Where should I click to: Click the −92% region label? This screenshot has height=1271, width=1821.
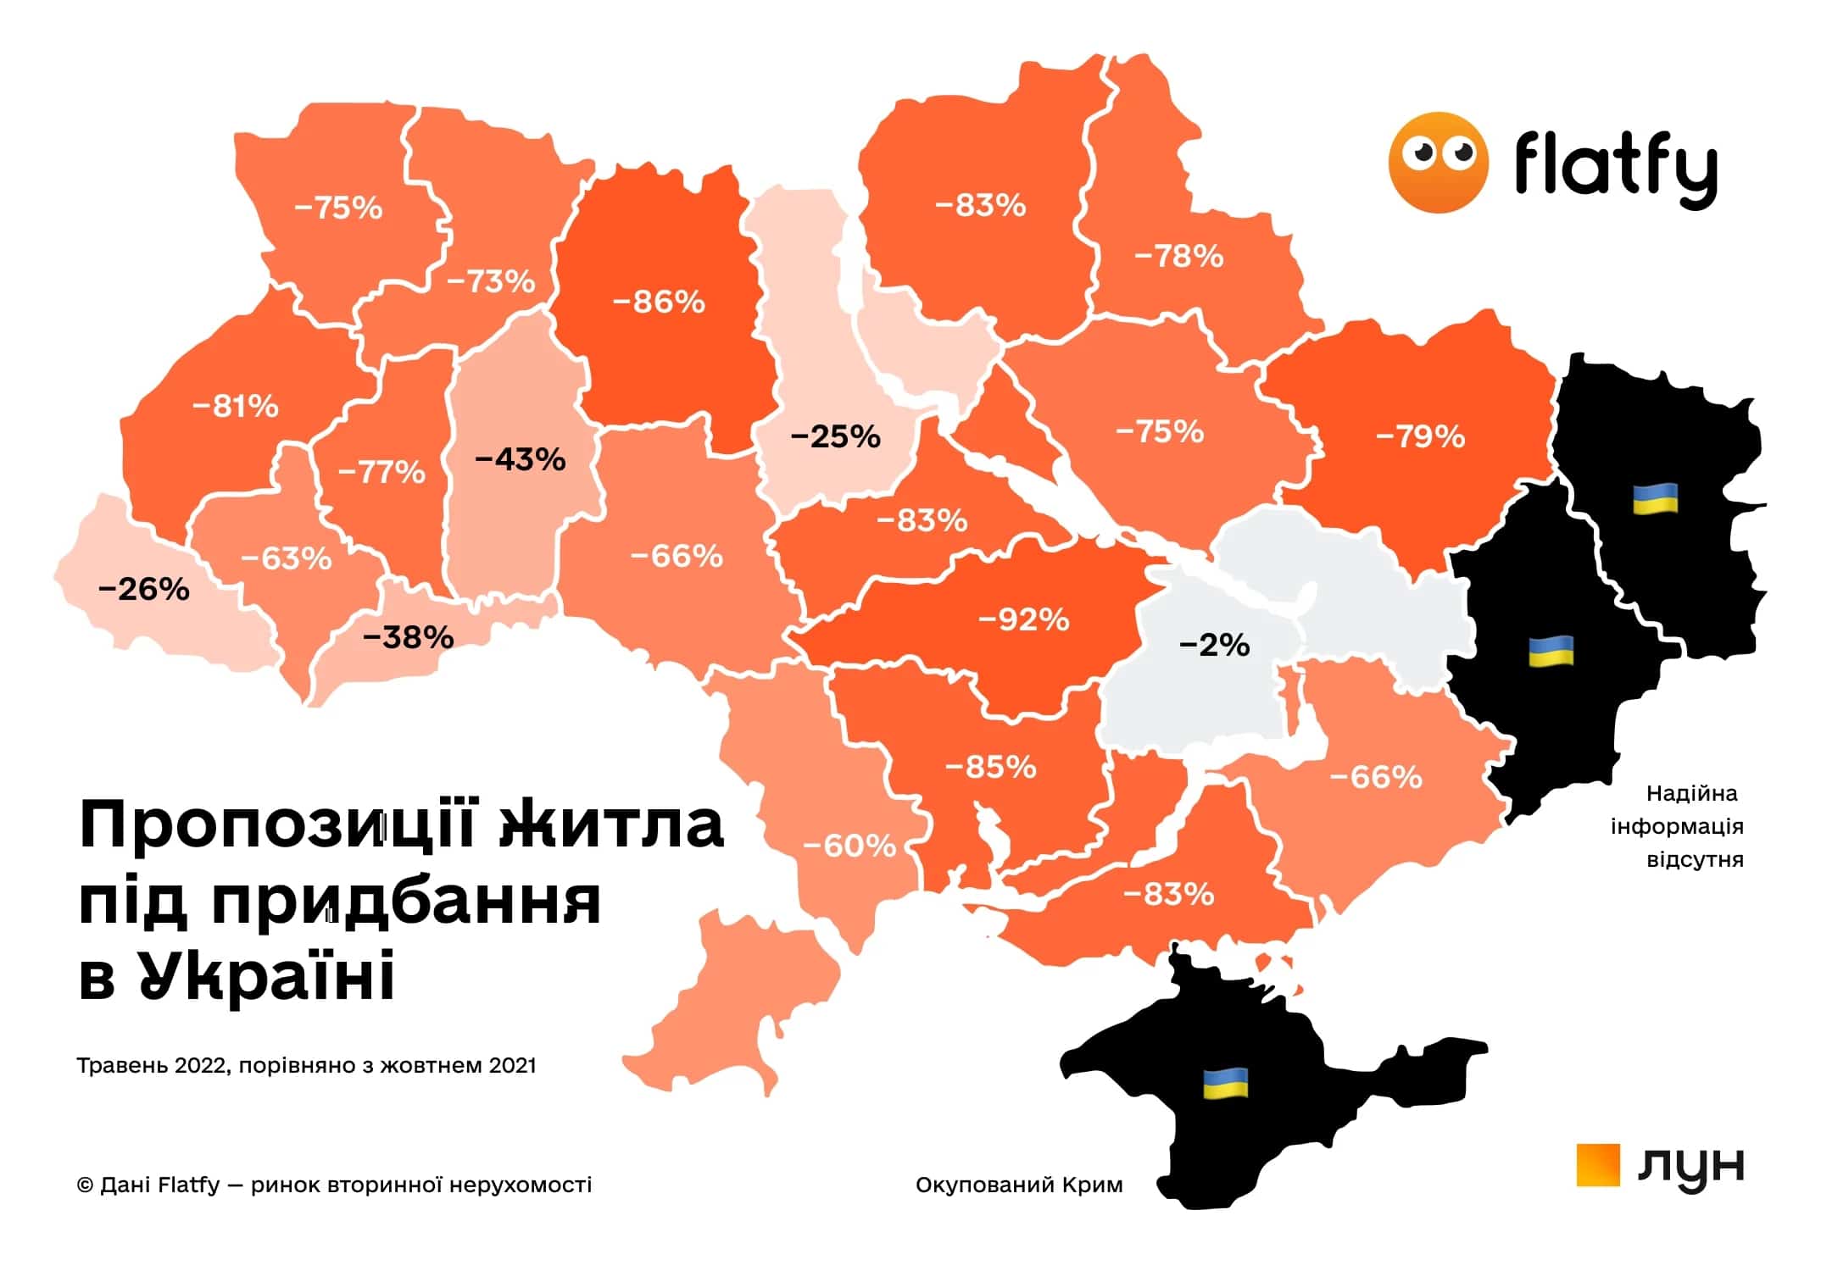coord(1023,620)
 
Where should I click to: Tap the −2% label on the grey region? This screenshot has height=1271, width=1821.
coord(1214,646)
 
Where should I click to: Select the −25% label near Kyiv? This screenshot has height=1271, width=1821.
coord(835,437)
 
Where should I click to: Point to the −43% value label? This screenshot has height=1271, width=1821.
coord(520,459)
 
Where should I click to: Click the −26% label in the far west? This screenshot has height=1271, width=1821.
coord(144,589)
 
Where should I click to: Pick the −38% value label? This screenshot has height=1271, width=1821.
coord(408,636)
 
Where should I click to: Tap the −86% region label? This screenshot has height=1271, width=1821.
coord(658,302)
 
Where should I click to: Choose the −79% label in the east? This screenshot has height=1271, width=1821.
coord(1420,437)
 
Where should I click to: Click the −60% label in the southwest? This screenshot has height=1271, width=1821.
coord(849,846)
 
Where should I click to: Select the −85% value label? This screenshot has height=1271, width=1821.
coord(990,768)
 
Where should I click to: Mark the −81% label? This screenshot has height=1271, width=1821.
coord(235,407)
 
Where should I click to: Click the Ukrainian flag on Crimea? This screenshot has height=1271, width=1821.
coord(1226,1083)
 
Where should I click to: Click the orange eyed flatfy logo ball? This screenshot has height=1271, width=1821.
coord(1438,162)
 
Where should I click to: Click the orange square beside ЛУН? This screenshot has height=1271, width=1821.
coord(1597,1165)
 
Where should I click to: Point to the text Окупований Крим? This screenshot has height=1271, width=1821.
coord(1019,1185)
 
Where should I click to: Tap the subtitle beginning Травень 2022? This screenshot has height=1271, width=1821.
coord(306,1065)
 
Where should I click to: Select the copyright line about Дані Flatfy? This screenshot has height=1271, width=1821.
coord(334,1185)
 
